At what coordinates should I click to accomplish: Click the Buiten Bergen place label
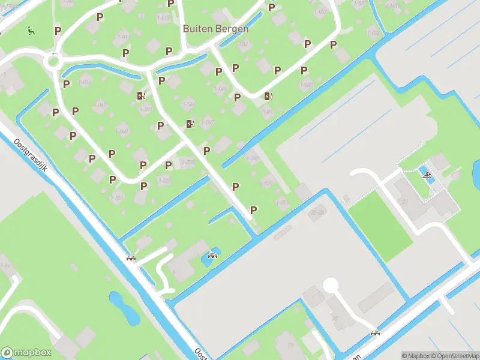pos(215,28)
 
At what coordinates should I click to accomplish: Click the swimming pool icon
pos(427,176)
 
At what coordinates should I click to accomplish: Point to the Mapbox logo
pos(26,353)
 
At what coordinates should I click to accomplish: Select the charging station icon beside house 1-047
pos(190,124)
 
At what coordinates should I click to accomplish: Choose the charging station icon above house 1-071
pos(141,95)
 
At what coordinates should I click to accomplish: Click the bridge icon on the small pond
pos(212,256)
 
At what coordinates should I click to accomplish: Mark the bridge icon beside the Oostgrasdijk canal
pos(130,258)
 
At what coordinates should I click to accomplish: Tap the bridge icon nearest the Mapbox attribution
pos(376,333)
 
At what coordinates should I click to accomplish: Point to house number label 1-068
pos(122,131)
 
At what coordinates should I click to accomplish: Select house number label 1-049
pos(253,159)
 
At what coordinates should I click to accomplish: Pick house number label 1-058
pos(188,162)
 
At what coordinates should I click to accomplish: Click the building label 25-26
pos(317,212)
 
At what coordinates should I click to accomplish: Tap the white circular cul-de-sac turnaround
pos(331,286)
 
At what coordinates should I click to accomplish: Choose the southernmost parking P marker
pos(254,210)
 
